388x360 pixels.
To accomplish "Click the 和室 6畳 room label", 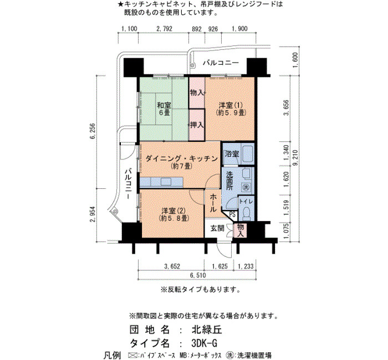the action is click(164, 109).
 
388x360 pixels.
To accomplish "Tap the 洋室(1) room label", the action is click(231, 109).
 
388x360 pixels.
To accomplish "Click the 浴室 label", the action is click(232, 154).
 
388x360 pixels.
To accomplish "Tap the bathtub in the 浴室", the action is click(247, 155).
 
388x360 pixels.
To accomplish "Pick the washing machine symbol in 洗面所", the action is click(246, 187).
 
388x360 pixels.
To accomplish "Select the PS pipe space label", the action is click(233, 214).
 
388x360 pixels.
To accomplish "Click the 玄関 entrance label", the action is click(217, 228).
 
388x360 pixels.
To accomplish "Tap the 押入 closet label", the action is click(197, 125).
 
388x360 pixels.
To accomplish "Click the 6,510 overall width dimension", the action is click(198, 275).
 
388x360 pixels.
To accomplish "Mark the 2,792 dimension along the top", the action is click(164, 29).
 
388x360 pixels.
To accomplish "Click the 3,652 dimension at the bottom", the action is click(172, 266).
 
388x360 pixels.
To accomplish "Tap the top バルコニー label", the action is click(221, 63).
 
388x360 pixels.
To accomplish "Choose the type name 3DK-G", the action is click(205, 343).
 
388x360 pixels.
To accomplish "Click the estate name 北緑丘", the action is click(207, 330).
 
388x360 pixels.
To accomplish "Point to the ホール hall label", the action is click(213, 203).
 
